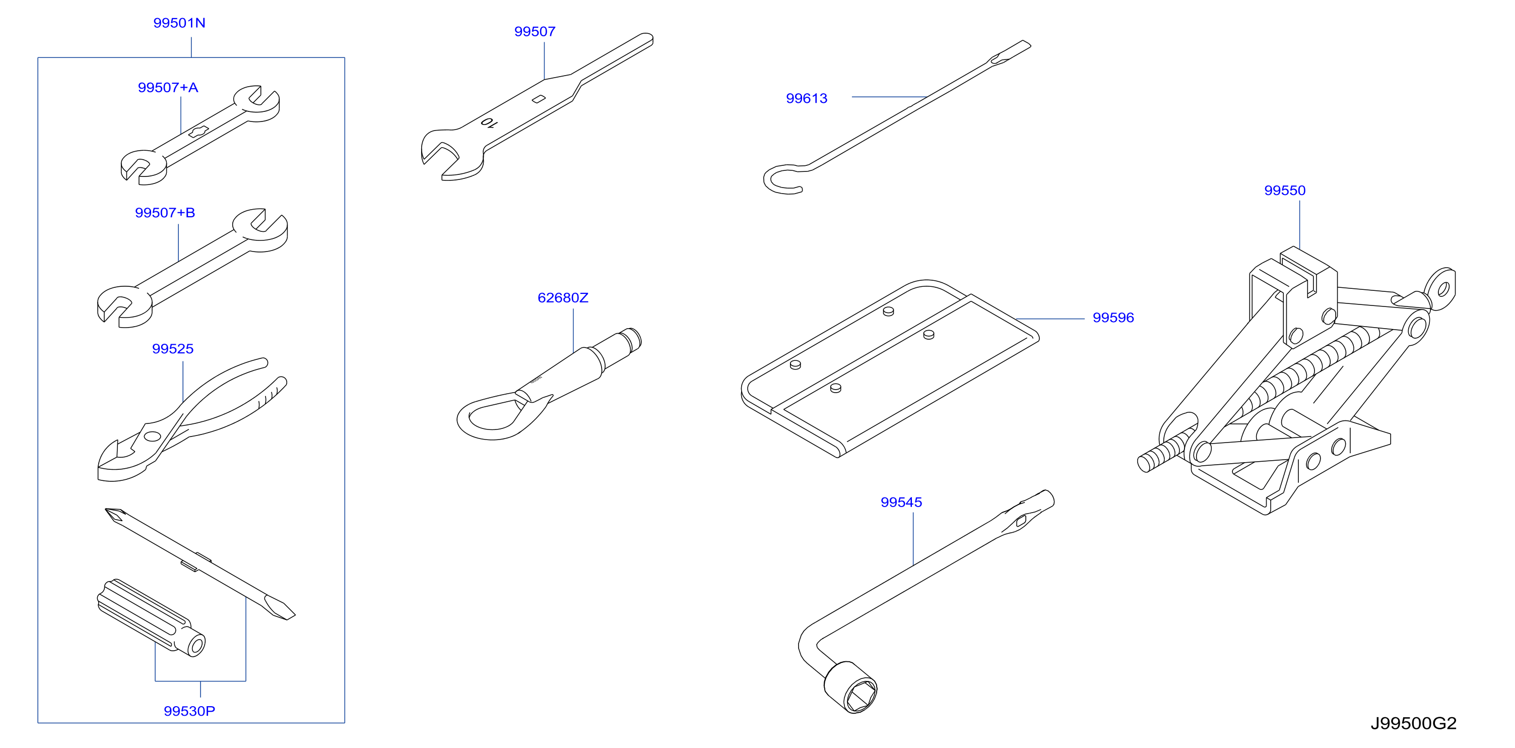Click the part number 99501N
179,23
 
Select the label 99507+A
168,88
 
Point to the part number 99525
172,349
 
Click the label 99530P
189,711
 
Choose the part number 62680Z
563,298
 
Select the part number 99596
1113,318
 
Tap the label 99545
901,503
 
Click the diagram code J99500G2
1413,723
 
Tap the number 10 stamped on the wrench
489,122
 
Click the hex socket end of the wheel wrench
851,688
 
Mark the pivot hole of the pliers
152,436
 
